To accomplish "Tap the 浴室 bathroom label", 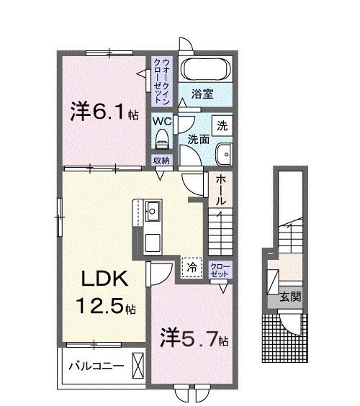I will (202, 93).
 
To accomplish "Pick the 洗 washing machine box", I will (223, 125).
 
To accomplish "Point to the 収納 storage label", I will (161, 160).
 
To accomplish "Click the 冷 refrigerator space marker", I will (191, 266).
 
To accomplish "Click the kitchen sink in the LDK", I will (153, 212).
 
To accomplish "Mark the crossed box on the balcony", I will (139, 364).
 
